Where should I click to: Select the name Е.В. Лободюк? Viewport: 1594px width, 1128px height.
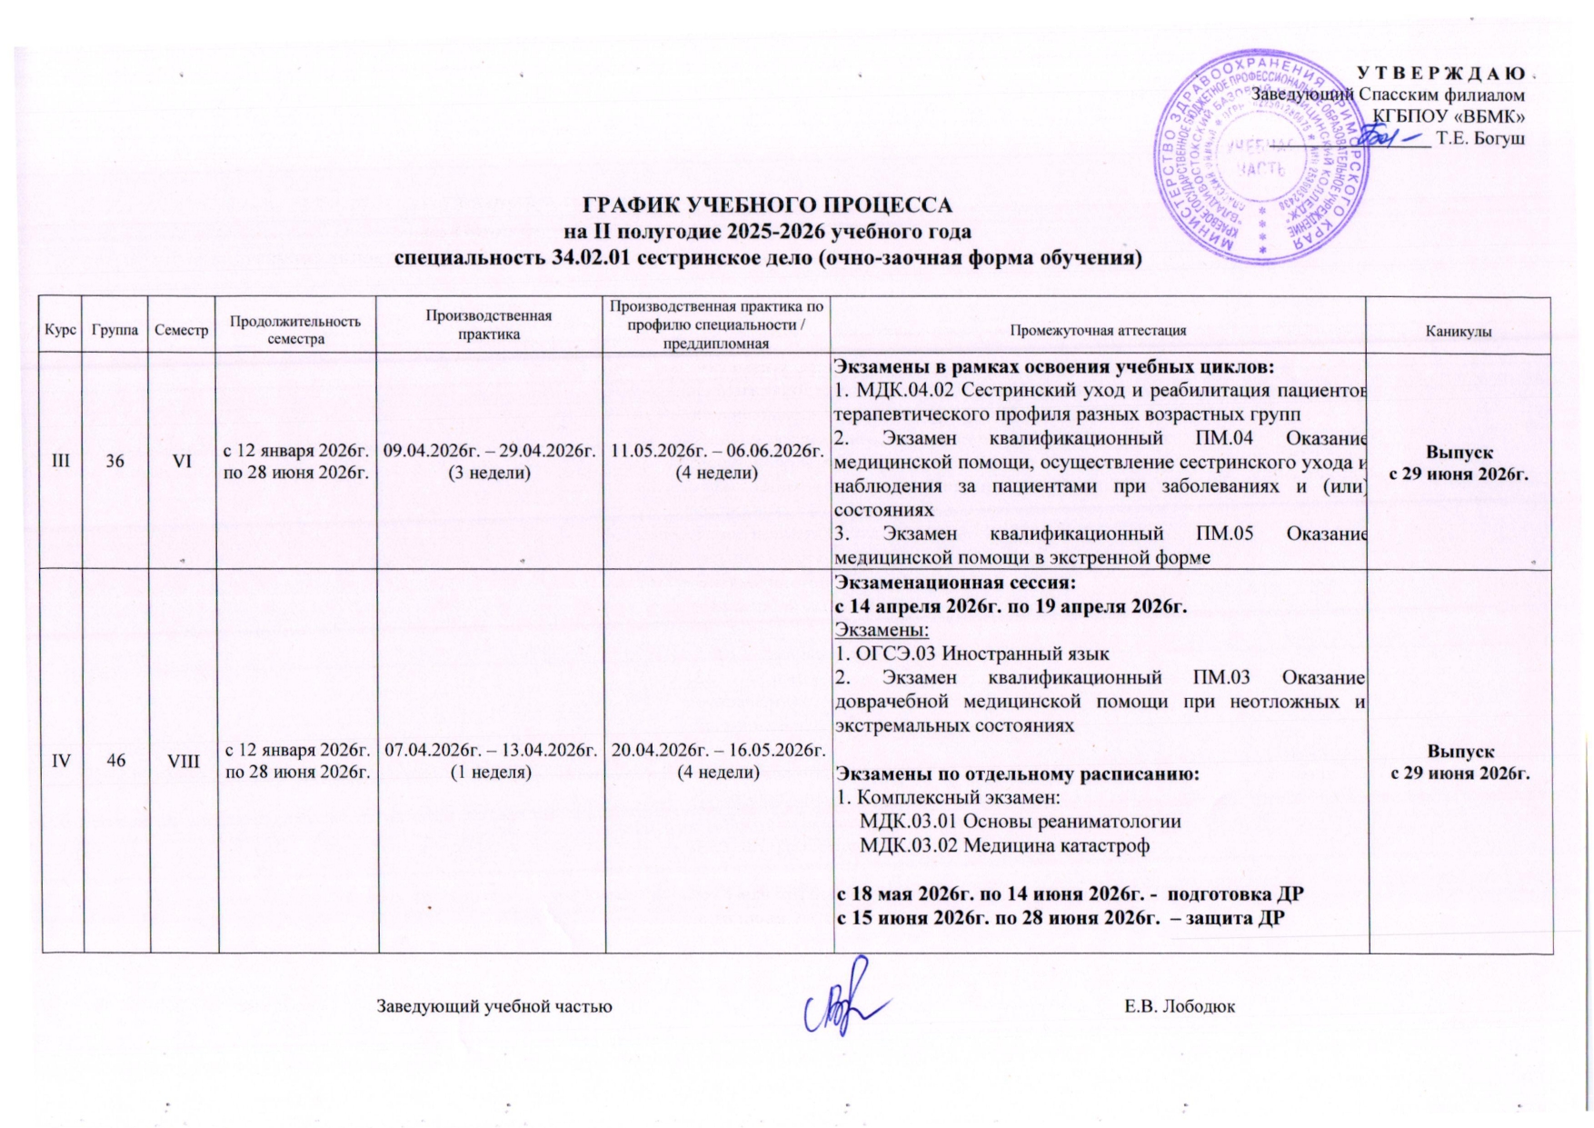(1179, 1006)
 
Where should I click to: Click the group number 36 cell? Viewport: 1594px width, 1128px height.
(115, 461)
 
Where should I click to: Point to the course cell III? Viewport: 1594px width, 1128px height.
(62, 461)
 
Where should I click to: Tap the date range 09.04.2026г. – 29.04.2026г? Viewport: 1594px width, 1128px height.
(491, 451)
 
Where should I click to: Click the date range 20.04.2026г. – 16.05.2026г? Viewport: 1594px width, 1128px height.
(718, 750)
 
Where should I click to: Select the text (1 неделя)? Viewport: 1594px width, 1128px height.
(491, 772)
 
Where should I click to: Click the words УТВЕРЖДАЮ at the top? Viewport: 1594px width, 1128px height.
(1440, 73)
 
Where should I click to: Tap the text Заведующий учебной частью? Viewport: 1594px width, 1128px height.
(494, 1006)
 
